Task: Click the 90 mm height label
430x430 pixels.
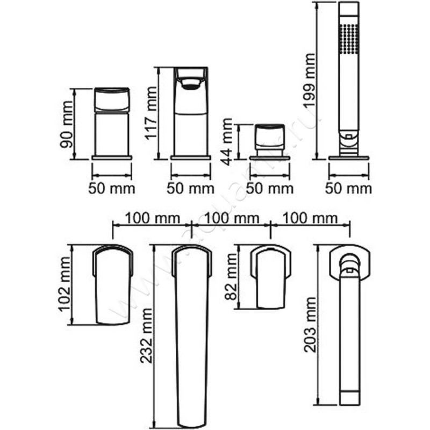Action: [67, 125]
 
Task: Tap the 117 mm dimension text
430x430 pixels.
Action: [151, 113]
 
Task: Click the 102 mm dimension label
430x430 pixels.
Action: [64, 284]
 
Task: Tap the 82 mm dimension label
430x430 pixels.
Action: [231, 277]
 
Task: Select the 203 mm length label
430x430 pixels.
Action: [311, 325]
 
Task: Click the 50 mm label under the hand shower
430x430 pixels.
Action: [348, 189]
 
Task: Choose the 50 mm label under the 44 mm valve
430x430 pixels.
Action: [270, 189]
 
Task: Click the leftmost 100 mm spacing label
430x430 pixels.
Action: [153, 218]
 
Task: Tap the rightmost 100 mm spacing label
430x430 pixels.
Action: [310, 218]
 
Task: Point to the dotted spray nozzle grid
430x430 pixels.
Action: [349, 39]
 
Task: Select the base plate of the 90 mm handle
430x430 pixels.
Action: [112, 157]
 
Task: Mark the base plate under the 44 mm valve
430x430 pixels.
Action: [270, 158]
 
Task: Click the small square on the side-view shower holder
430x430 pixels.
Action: [348, 137]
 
